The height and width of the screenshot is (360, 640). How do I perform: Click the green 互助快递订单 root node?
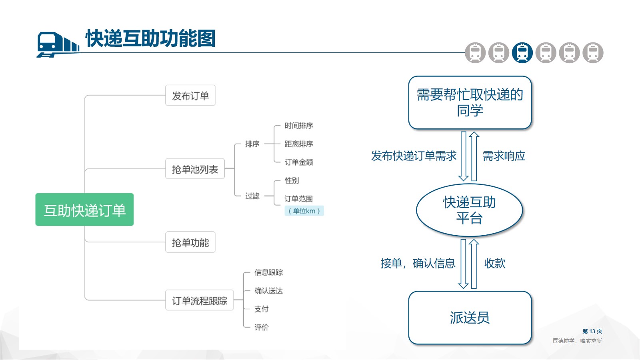click(84, 210)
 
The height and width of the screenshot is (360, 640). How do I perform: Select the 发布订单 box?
click(190, 96)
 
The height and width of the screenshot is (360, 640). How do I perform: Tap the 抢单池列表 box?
click(195, 169)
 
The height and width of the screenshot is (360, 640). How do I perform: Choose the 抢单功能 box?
click(190, 242)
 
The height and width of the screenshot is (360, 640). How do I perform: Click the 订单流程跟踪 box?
click(200, 300)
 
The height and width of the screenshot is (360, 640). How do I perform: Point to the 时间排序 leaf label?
click(298, 126)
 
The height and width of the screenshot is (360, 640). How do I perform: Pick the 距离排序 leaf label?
click(298, 144)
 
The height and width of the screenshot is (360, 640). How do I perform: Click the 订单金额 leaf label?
click(298, 162)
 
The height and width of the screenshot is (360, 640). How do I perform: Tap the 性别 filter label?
click(292, 180)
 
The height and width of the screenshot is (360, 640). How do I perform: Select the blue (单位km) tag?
click(304, 211)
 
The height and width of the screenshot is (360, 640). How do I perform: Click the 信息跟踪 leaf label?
click(268, 272)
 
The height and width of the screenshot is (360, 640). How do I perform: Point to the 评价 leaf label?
click(262, 327)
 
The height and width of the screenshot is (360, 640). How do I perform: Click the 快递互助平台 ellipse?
click(470, 210)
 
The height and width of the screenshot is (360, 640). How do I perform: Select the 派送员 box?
click(470, 318)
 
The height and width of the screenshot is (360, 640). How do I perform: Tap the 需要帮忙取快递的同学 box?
click(470, 102)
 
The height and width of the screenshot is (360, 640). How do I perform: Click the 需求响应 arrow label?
click(504, 156)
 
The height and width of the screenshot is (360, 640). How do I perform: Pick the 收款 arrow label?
click(495, 263)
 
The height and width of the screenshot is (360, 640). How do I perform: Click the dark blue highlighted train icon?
click(522, 53)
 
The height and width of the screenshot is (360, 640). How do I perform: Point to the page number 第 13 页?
click(592, 331)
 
